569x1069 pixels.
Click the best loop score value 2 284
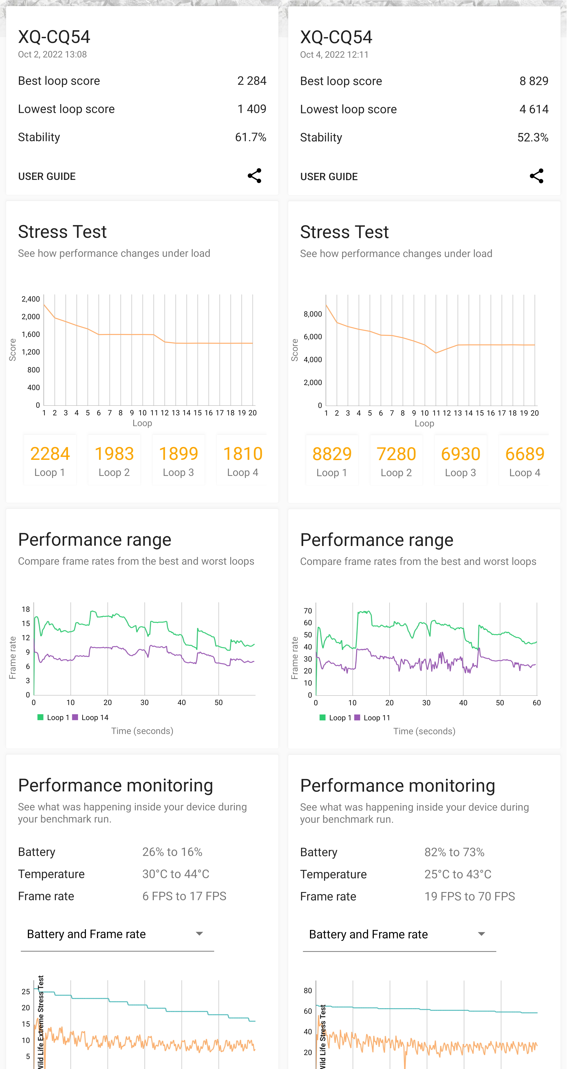(252, 81)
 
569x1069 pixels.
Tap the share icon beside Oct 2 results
(254, 176)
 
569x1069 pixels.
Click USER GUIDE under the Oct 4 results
(329, 177)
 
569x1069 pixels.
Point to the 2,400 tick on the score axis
(31, 299)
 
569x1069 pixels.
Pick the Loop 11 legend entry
(373, 718)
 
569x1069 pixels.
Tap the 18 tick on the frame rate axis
(26, 609)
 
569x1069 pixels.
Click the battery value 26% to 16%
(172, 852)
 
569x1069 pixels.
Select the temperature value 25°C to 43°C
(458, 874)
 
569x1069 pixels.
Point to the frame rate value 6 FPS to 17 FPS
(184, 896)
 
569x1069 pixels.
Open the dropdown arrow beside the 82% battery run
(482, 934)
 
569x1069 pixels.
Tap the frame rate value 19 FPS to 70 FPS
(469, 897)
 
